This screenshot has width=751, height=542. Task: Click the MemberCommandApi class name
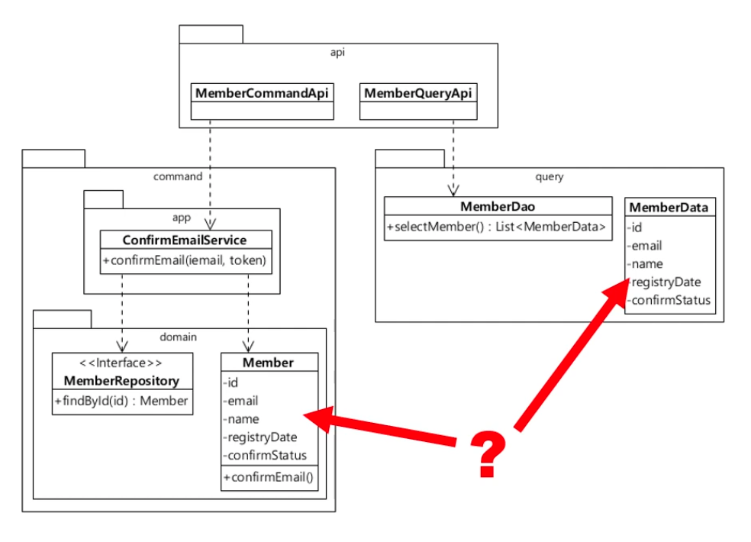point(262,93)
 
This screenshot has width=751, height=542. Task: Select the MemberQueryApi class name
point(417,93)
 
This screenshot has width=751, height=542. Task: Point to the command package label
point(178,176)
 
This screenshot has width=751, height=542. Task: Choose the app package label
point(182,218)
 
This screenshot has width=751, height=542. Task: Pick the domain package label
point(179,336)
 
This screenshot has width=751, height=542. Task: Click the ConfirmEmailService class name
point(184,240)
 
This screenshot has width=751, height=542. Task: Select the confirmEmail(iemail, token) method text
point(184,261)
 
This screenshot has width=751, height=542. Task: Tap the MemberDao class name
point(497,207)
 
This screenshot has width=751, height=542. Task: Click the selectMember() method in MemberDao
point(497,227)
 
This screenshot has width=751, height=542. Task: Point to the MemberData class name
point(669,208)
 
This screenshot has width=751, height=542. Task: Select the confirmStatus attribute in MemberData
point(669,300)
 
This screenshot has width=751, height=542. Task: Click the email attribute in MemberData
point(646,246)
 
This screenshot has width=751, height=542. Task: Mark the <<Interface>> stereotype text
point(122,363)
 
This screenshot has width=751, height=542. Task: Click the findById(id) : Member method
point(122,401)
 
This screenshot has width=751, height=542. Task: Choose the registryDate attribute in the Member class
point(261,437)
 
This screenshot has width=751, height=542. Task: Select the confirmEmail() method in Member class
point(269,478)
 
